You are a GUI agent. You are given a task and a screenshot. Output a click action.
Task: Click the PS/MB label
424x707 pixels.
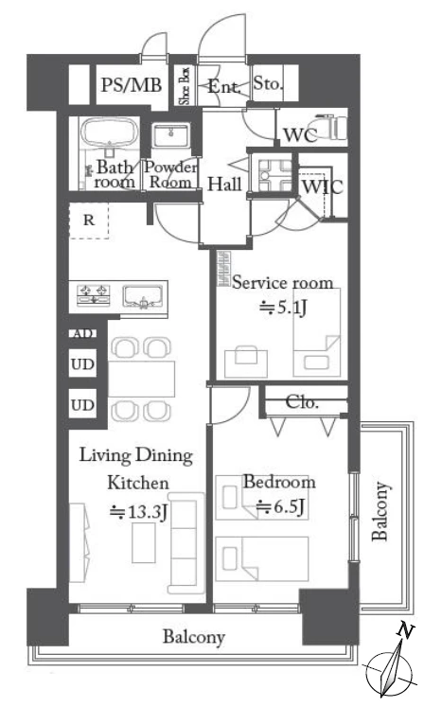pyautogui.click(x=131, y=84)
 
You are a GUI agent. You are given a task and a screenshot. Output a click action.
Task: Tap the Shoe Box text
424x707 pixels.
pyautogui.click(x=185, y=85)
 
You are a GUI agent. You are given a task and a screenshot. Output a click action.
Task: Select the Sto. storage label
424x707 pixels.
pyautogui.click(x=268, y=83)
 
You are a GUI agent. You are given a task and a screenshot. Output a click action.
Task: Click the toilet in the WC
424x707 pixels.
pyautogui.click(x=333, y=127)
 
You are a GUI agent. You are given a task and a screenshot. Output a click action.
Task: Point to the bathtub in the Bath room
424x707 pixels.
pyautogui.click(x=109, y=132)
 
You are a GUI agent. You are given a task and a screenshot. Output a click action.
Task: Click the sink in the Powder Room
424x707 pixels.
pyautogui.click(x=170, y=134)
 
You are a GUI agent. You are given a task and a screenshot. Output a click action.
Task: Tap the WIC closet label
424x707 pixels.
pyautogui.click(x=322, y=186)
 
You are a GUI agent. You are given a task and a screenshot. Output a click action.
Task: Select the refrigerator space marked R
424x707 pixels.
pyautogui.click(x=89, y=220)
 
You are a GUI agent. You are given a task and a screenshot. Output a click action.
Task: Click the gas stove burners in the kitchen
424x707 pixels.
pyautogui.click(x=94, y=294)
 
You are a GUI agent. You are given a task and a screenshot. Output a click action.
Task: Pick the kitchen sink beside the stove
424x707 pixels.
pyautogui.click(x=143, y=296)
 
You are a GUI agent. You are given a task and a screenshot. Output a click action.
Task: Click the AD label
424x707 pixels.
pyautogui.click(x=82, y=334)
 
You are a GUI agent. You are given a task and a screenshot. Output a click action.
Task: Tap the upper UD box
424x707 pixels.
pyautogui.click(x=82, y=363)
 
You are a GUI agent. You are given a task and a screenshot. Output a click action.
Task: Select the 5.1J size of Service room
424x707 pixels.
pyautogui.click(x=284, y=308)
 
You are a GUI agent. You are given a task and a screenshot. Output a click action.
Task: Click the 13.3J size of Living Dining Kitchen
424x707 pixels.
pyautogui.click(x=139, y=512)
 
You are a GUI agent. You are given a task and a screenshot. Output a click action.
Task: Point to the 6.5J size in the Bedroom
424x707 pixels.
pyautogui.click(x=280, y=507)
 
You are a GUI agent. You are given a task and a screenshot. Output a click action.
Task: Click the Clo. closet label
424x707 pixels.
pyautogui.click(x=302, y=402)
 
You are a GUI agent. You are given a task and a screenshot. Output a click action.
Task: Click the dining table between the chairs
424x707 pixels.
pyautogui.click(x=141, y=379)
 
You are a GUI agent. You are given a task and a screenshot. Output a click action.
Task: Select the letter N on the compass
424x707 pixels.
pyautogui.click(x=405, y=630)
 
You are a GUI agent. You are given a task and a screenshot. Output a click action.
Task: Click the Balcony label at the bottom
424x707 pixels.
pyautogui.click(x=193, y=637)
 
